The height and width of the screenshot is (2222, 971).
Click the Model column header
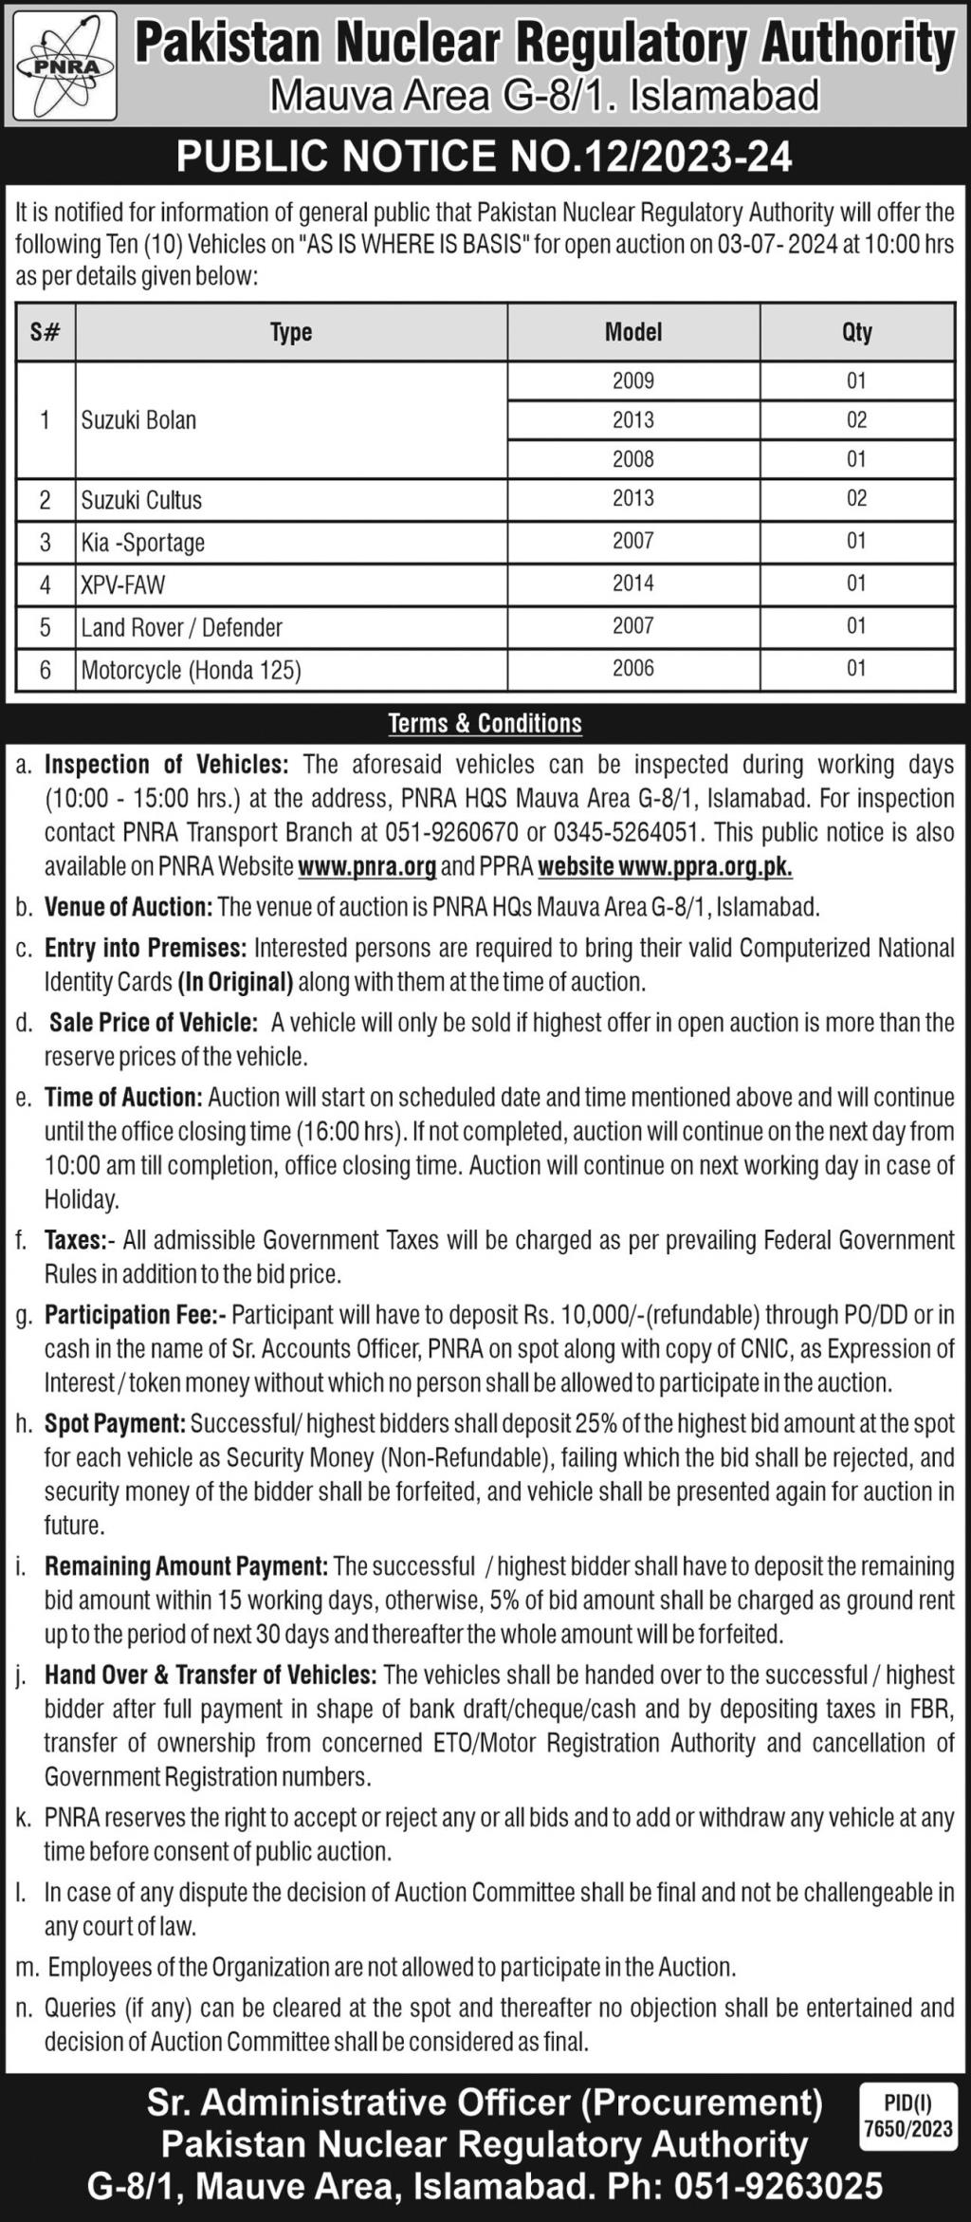coord(633,332)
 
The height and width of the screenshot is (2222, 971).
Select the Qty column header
coord(856,332)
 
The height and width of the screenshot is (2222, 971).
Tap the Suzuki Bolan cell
coord(138,420)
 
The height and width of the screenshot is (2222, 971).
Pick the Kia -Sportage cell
coord(143,543)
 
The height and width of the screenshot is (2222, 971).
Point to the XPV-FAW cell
coord(123,584)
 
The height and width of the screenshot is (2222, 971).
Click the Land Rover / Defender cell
coord(182,627)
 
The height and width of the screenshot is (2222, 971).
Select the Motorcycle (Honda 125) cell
coord(192,671)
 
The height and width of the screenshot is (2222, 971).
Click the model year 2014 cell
coord(633,583)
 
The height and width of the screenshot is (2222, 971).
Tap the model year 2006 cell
coord(633,669)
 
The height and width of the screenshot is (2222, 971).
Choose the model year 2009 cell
coord(633,380)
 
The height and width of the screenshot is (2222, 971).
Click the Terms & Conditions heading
coord(485,724)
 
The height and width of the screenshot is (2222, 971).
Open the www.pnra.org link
coord(367,866)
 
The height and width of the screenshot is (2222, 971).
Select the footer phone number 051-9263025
coord(779,2186)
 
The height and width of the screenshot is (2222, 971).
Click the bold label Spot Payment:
coord(115,1423)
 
